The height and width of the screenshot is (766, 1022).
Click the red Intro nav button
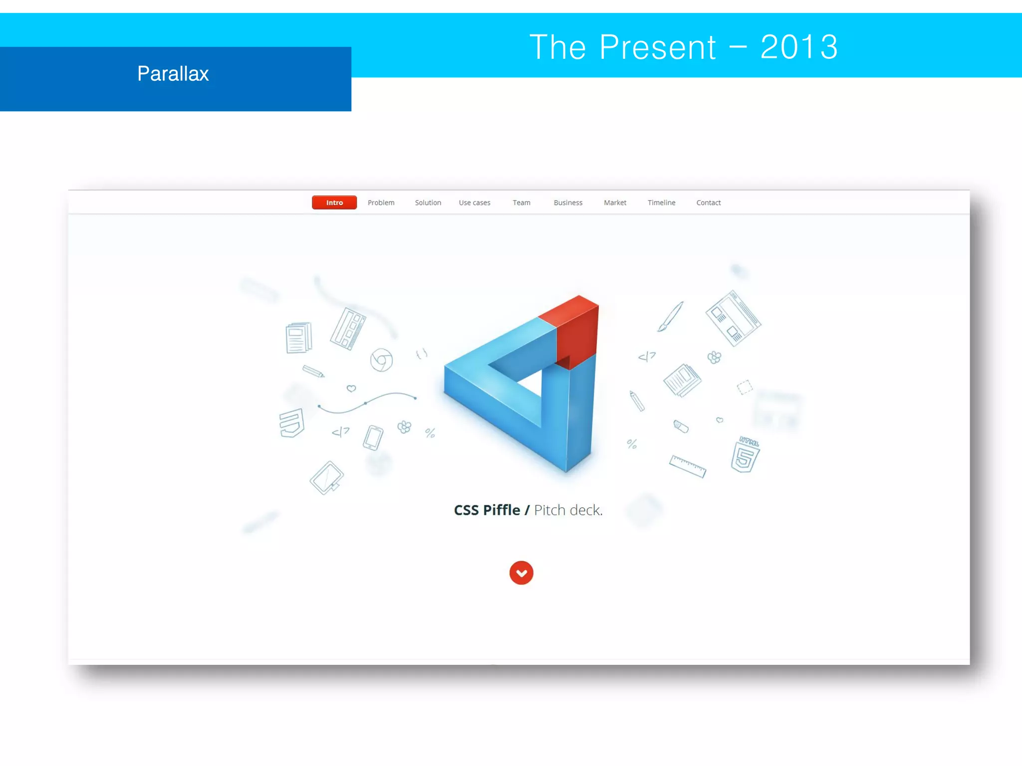(x=334, y=202)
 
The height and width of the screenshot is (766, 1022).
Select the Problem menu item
(x=381, y=202)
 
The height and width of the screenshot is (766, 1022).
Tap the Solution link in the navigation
(x=428, y=202)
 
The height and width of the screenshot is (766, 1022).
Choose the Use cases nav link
(x=475, y=202)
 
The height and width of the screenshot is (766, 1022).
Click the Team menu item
(x=521, y=202)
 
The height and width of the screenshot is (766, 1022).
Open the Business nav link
(x=568, y=202)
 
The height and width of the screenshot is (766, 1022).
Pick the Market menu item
(x=615, y=202)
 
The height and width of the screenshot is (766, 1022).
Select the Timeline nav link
(x=661, y=202)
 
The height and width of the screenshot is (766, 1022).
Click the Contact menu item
(x=708, y=202)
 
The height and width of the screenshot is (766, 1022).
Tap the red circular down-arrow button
(x=521, y=573)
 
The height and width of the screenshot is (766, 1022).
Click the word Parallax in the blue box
(x=173, y=74)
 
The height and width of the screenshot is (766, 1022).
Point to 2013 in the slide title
(x=799, y=47)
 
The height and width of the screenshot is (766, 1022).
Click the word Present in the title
(x=658, y=47)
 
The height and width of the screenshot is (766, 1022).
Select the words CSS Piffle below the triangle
(x=487, y=510)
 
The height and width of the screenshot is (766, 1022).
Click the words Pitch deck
(x=568, y=510)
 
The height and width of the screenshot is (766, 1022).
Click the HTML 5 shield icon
(x=745, y=455)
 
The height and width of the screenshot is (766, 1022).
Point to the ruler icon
(x=687, y=466)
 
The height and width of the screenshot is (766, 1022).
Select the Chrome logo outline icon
(x=381, y=360)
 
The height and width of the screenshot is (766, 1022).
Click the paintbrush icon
(x=670, y=316)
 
